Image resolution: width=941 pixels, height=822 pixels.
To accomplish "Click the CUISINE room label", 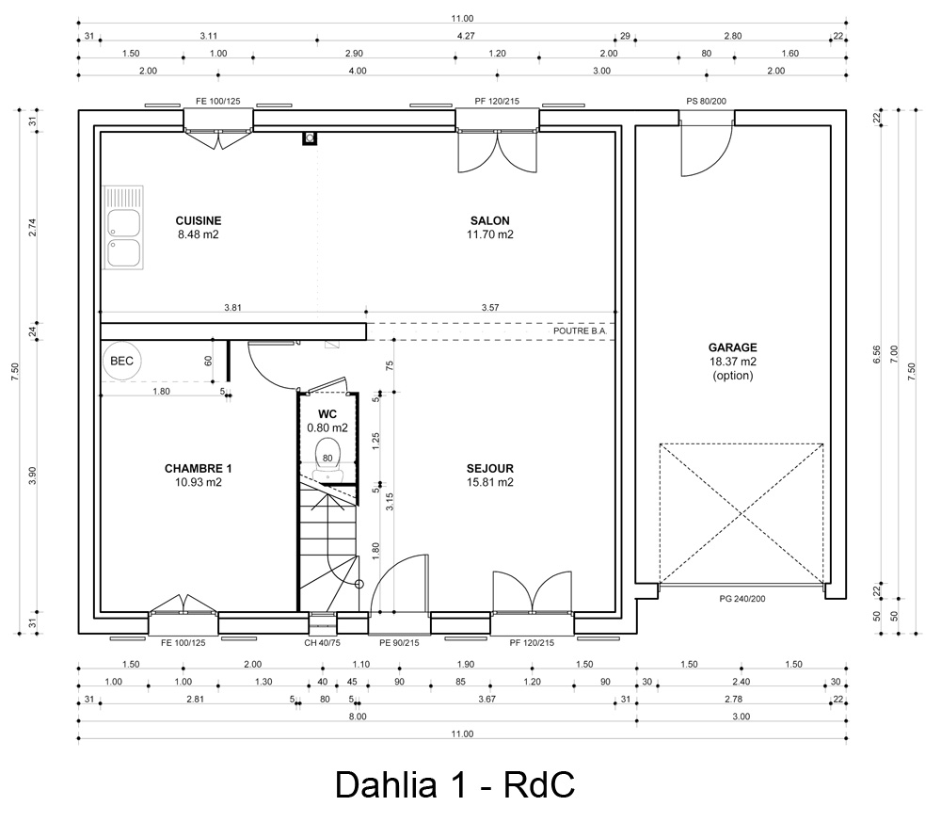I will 198,221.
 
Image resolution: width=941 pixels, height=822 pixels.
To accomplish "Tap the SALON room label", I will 491,221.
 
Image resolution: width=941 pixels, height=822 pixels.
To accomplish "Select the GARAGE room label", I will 733,347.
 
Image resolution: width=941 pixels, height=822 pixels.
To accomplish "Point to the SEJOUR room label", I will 490,468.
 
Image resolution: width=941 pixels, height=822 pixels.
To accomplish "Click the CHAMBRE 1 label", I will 198,468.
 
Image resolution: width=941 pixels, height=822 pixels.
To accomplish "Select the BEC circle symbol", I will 121,361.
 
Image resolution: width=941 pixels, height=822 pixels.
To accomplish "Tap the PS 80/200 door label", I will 706,101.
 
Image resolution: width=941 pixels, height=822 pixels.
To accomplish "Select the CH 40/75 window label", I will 324,643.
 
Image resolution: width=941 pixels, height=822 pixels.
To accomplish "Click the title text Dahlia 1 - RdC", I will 455,784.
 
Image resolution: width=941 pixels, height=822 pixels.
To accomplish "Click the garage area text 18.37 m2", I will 733,362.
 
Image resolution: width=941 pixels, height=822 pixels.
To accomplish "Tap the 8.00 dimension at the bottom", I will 358,717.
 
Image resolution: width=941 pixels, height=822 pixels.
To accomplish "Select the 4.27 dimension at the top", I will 465,35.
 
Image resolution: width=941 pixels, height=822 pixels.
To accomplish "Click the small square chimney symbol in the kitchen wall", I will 310,138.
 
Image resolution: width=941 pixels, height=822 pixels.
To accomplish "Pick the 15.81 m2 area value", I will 490,482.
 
